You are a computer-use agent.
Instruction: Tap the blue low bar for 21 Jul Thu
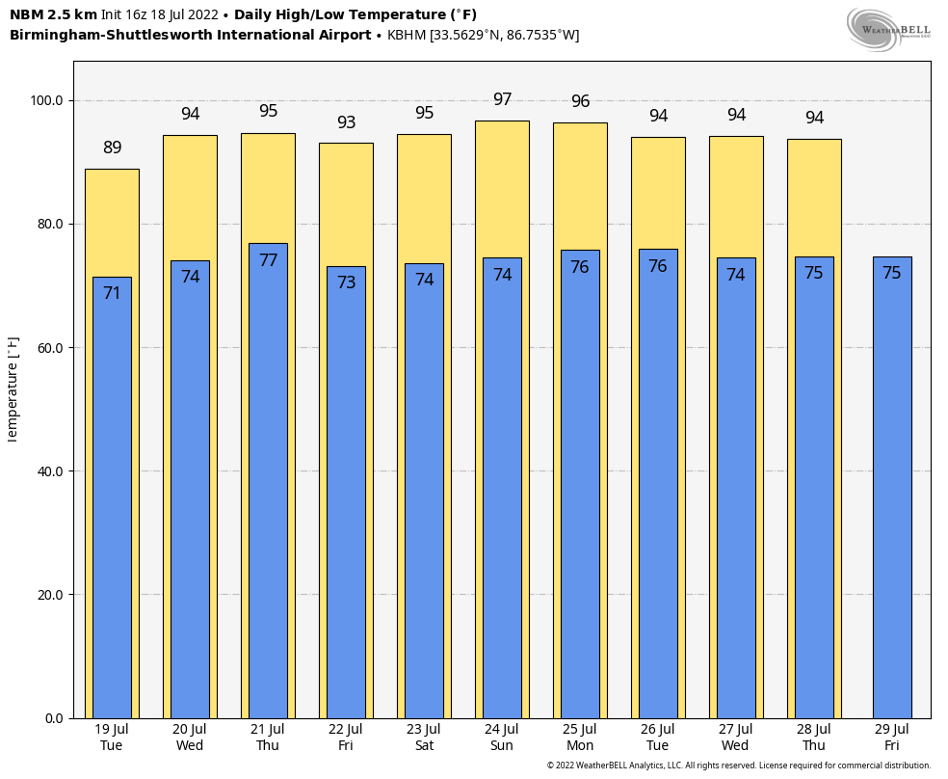(x=268, y=482)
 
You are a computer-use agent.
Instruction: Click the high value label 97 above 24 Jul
(x=502, y=100)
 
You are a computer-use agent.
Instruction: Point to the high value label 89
(x=113, y=148)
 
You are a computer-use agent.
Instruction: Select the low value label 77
(x=268, y=260)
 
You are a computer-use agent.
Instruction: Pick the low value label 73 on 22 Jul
(x=346, y=282)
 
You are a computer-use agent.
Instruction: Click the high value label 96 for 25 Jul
(x=580, y=102)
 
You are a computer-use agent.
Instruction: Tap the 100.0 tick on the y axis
(x=46, y=100)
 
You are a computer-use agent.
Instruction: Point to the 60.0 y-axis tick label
(x=46, y=348)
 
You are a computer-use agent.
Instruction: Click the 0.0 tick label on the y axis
(x=53, y=718)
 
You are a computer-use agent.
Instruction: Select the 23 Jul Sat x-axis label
(x=424, y=738)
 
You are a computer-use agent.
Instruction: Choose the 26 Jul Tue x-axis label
(x=658, y=738)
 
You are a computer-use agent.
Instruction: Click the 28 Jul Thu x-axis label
(x=814, y=738)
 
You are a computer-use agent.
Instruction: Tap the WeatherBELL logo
(x=888, y=29)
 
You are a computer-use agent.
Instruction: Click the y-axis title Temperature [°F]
(x=13, y=389)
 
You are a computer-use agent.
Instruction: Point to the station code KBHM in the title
(x=406, y=36)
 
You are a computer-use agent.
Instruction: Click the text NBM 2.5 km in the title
(x=53, y=14)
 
